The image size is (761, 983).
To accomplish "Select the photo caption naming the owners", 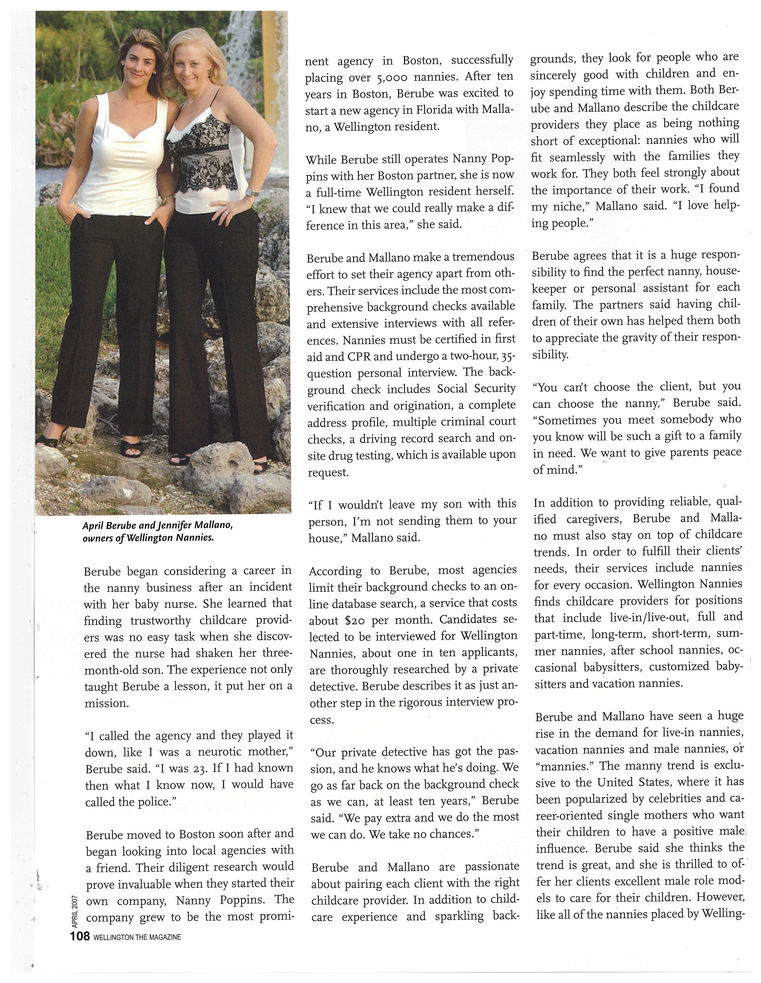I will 158,531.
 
